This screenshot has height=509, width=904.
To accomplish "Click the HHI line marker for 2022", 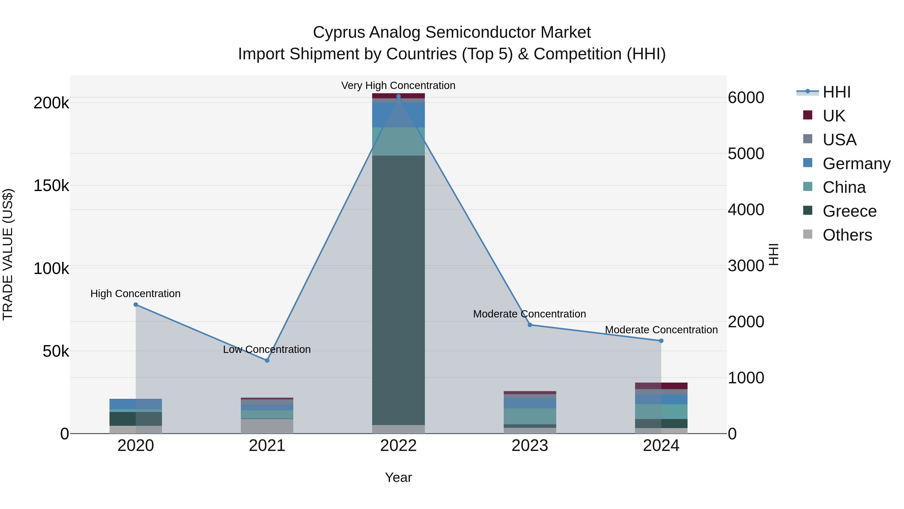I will point(398,96).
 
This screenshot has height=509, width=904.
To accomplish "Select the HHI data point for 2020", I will point(136,305).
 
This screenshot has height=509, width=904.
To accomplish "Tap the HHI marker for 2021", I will point(267,360).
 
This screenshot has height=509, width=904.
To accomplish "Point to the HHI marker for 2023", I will point(530,325).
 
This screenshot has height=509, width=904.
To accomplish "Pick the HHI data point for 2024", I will point(661,341).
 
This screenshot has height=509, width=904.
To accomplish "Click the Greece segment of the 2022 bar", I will point(398,290).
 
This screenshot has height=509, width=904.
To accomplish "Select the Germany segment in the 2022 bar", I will point(398,115).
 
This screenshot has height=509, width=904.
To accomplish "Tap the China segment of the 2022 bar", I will point(398,141).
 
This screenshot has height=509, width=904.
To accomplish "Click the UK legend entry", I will point(833,116).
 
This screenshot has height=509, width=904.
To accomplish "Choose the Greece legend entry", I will point(849,211).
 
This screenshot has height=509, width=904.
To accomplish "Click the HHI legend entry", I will point(836,92).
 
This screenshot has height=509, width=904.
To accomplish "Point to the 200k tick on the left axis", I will point(51,103).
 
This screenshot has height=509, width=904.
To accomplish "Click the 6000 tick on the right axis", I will point(746,98).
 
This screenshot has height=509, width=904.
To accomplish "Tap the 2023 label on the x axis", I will point(530,446).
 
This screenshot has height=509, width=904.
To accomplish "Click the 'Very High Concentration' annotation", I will point(398,85).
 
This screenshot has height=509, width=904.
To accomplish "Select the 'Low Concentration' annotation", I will point(267,350).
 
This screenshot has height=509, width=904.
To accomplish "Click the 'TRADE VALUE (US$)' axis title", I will point(8,254).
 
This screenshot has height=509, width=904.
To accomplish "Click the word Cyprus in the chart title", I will point(339,32).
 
